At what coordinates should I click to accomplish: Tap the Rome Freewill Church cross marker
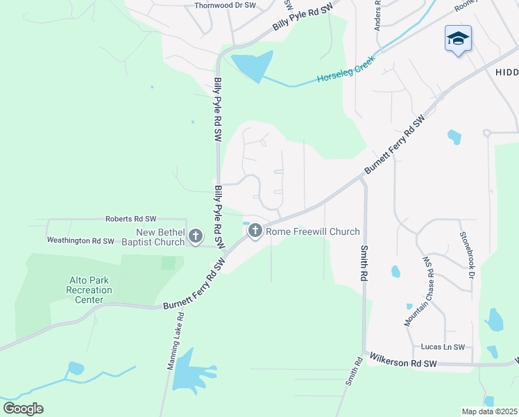click(255, 231)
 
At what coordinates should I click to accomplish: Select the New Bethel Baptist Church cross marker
click(195, 236)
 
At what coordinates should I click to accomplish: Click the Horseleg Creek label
click(346, 70)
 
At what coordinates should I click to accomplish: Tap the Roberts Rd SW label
click(131, 218)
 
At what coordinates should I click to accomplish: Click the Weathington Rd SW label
click(80, 240)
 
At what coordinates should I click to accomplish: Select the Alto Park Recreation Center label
click(90, 290)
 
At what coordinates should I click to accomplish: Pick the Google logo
click(23, 409)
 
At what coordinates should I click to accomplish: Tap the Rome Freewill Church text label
click(313, 231)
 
